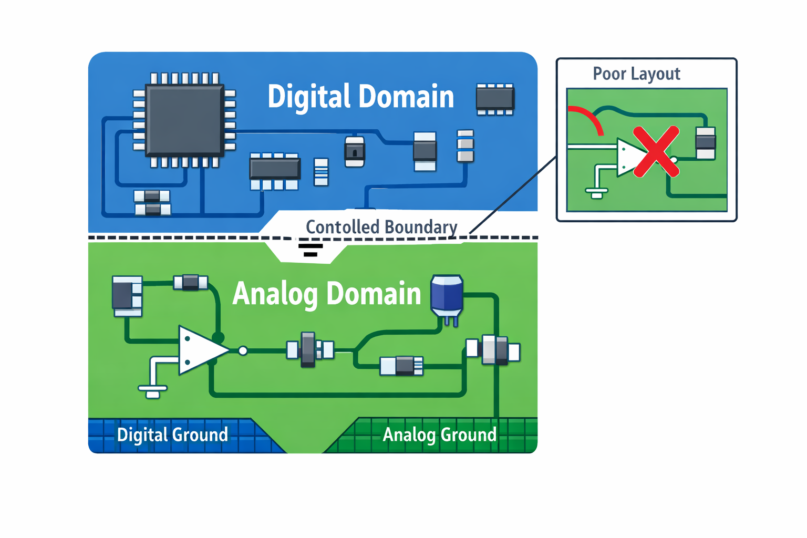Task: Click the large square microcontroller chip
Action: (184, 120)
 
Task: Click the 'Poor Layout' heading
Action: (636, 74)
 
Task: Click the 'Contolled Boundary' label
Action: (381, 227)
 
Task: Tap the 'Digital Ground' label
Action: (172, 435)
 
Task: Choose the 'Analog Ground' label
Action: (439, 435)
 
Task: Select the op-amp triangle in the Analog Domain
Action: (200, 350)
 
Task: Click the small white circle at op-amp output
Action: (243, 350)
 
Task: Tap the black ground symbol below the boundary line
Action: (311, 250)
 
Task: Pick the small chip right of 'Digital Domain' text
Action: (494, 98)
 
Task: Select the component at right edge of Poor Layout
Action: (705, 142)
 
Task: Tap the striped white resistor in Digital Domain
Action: (321, 172)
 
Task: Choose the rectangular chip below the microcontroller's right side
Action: (274, 170)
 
